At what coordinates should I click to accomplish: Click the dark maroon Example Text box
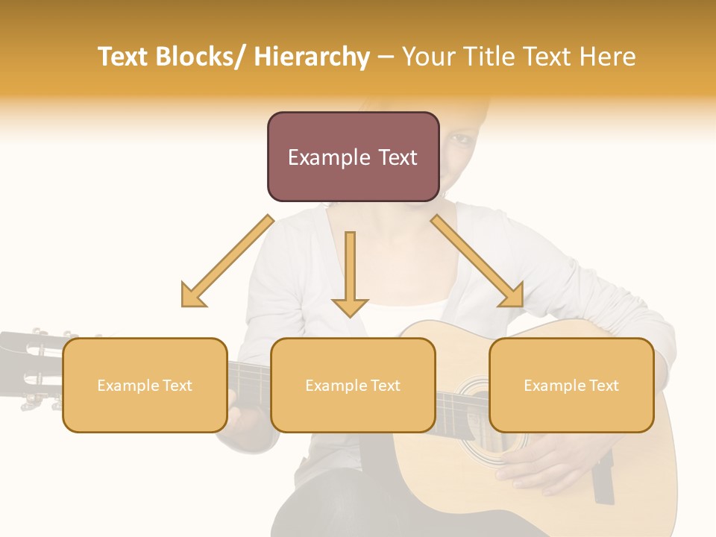pos(353,157)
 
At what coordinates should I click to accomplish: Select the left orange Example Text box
pos(145,385)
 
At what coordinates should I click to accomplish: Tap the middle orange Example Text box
pos(353,385)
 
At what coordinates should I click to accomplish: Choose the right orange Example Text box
pos(571,385)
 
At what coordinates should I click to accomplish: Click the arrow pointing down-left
pos(227,261)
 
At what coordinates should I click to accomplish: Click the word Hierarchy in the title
pos(311,57)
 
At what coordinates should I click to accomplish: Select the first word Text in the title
pos(124,57)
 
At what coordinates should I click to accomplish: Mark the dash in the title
pos(386,57)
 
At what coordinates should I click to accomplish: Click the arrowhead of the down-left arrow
pos(192,296)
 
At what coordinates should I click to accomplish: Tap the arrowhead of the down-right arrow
pos(513,296)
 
